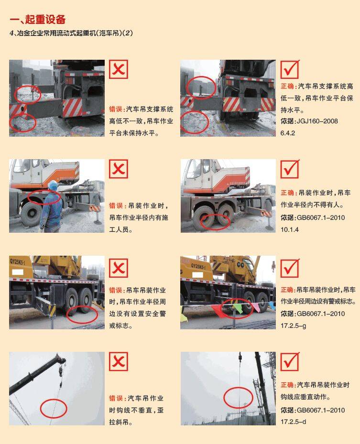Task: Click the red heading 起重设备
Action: tap(45, 19)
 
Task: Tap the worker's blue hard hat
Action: tap(53, 185)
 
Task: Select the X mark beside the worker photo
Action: tap(119, 169)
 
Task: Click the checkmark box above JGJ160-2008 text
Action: tap(290, 69)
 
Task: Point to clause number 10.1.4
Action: tap(289, 229)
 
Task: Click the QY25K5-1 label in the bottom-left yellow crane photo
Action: tap(18, 261)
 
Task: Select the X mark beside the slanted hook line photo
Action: tap(119, 361)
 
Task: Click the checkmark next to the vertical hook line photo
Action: tap(290, 361)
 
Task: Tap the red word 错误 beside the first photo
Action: tap(116, 109)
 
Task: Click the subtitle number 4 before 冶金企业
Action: tap(11, 33)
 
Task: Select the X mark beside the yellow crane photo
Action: tap(119, 268)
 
